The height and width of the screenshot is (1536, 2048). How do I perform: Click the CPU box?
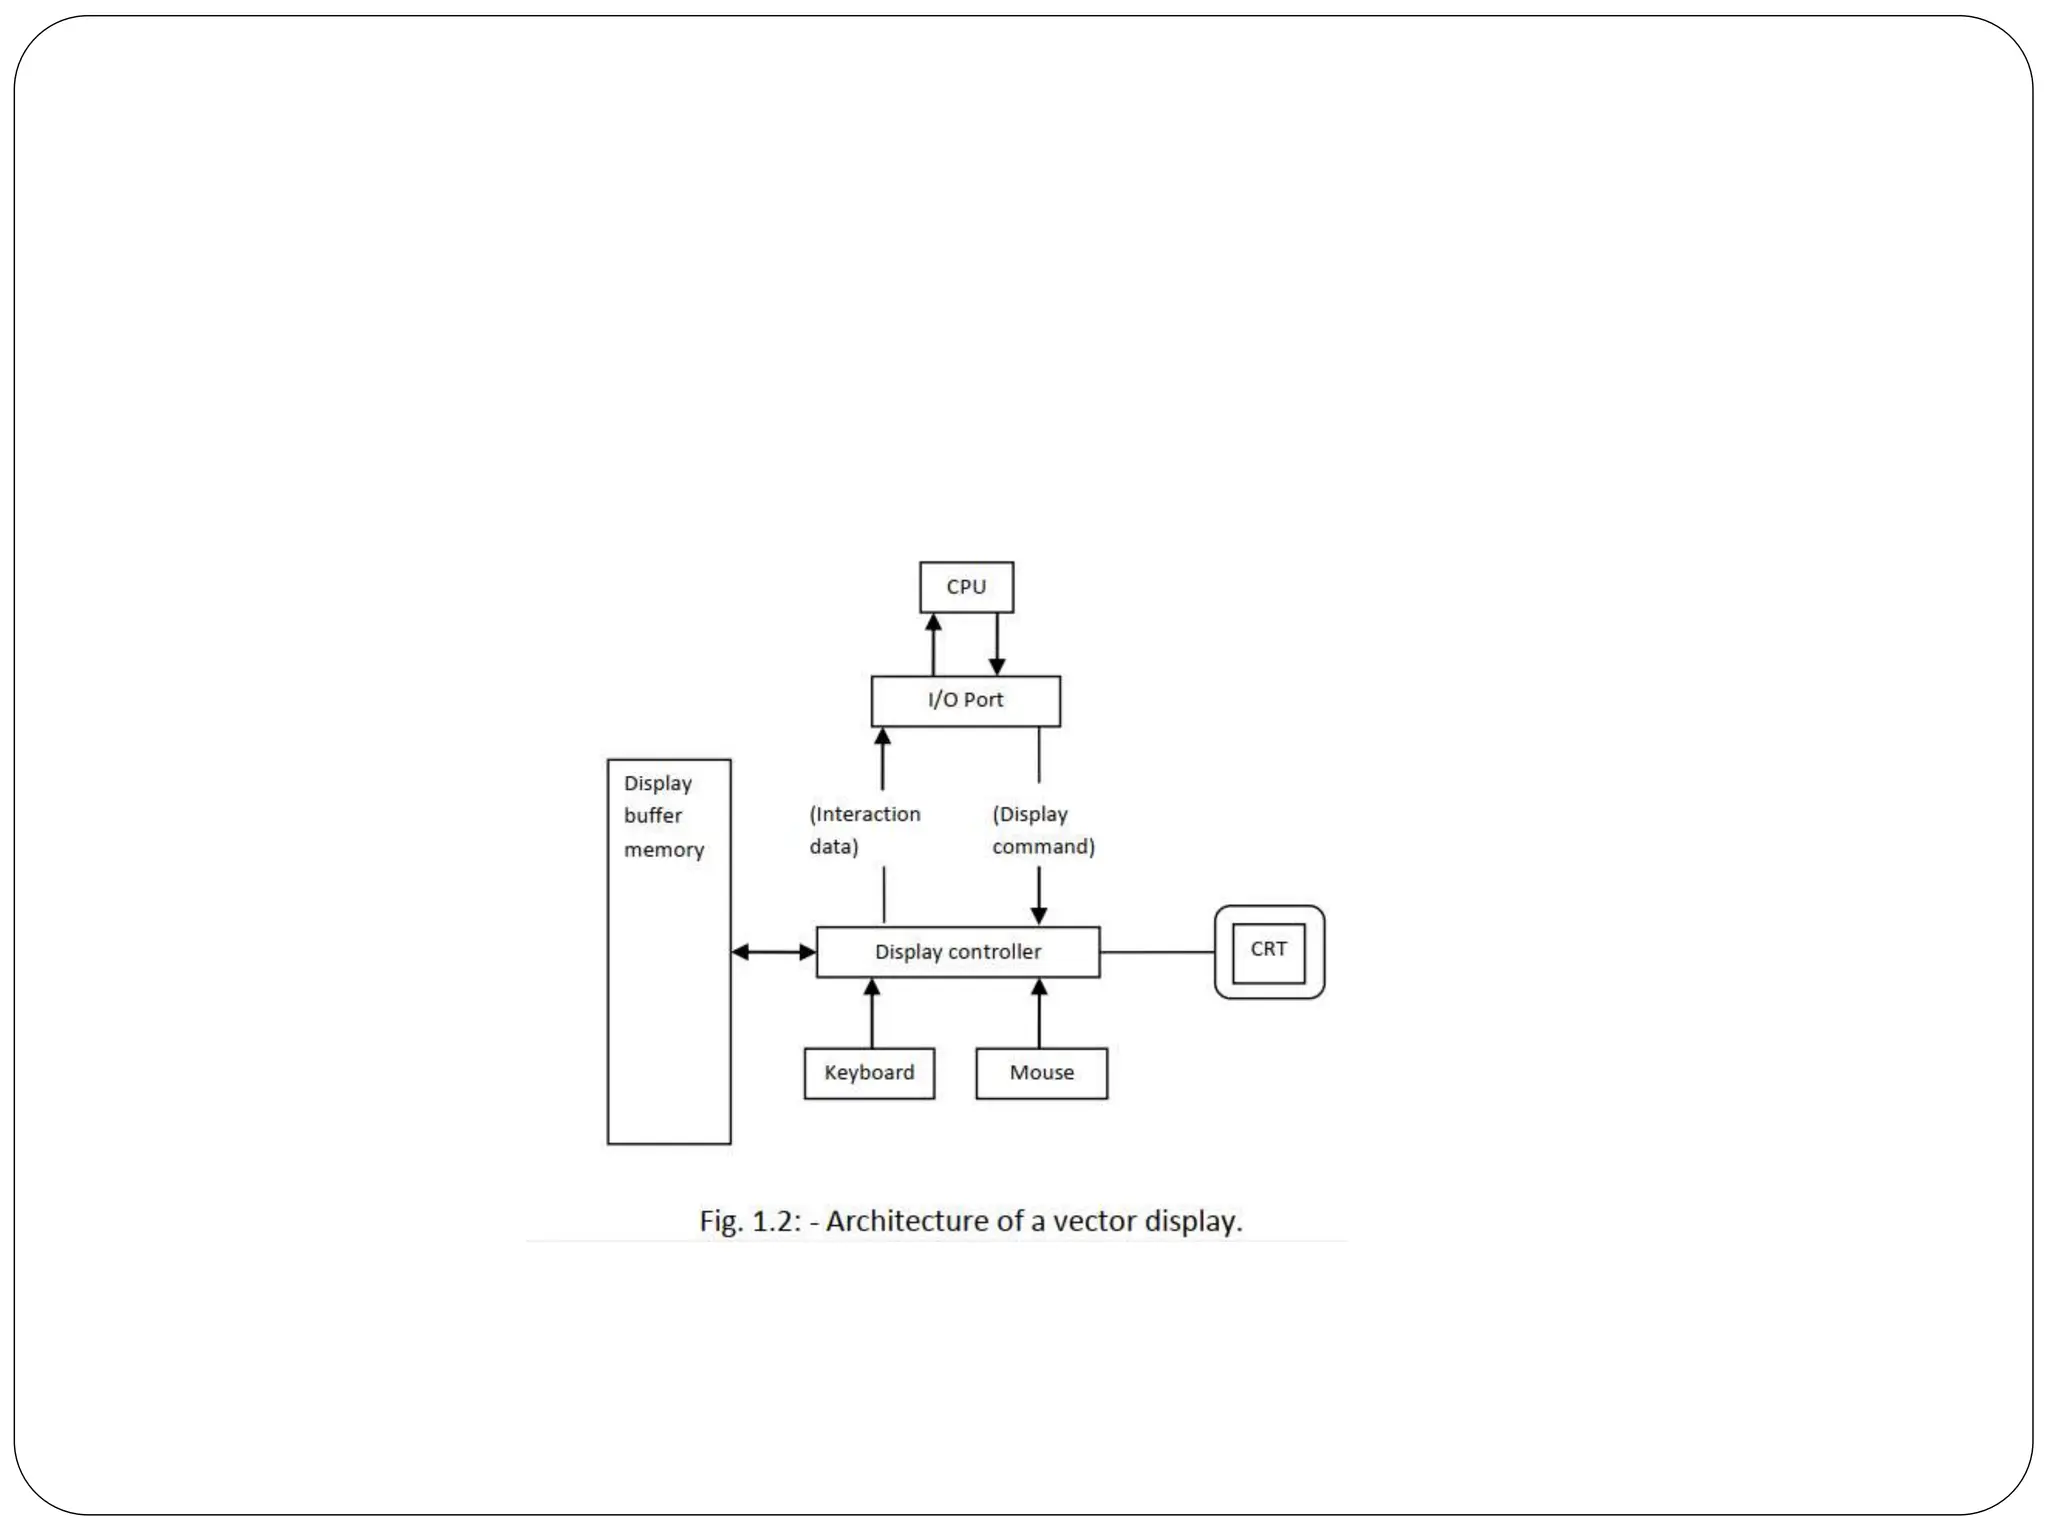point(966,587)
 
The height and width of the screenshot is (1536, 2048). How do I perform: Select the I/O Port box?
point(965,700)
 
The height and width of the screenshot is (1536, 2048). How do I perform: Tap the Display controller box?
point(957,952)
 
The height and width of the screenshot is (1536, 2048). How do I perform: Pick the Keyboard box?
point(869,1073)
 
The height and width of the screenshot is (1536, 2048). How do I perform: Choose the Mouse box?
point(1041,1073)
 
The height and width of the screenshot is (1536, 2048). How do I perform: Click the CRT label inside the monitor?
point(1268,949)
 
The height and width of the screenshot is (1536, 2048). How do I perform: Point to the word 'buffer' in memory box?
point(653,816)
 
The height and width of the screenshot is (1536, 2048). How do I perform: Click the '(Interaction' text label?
point(865,814)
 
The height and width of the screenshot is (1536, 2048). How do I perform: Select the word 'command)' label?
point(1043,847)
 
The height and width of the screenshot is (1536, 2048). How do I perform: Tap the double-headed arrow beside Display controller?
point(774,952)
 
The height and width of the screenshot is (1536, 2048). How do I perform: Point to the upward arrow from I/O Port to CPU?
point(933,644)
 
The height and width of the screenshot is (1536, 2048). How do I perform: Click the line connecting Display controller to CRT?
point(1157,952)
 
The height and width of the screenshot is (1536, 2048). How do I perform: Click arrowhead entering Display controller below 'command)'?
point(1039,915)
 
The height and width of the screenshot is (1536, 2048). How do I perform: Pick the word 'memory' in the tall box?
point(664,850)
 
